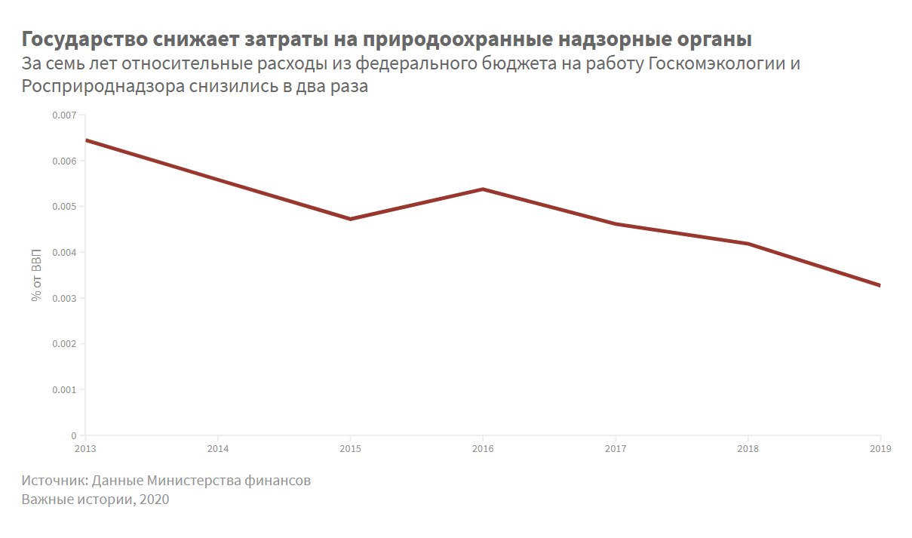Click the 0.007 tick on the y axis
(64, 115)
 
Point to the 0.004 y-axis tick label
(64, 253)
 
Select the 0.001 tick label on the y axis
(64, 390)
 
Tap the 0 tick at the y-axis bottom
(73, 435)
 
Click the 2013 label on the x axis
(85, 448)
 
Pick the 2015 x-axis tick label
(350, 448)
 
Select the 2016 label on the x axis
(483, 448)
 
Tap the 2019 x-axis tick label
(880, 448)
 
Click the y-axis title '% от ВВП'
(36, 275)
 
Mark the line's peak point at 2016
(483, 189)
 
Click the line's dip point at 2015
(350, 219)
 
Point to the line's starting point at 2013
(86, 140)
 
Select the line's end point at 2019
(880, 285)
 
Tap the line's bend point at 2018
(748, 244)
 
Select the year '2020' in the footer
(153, 500)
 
